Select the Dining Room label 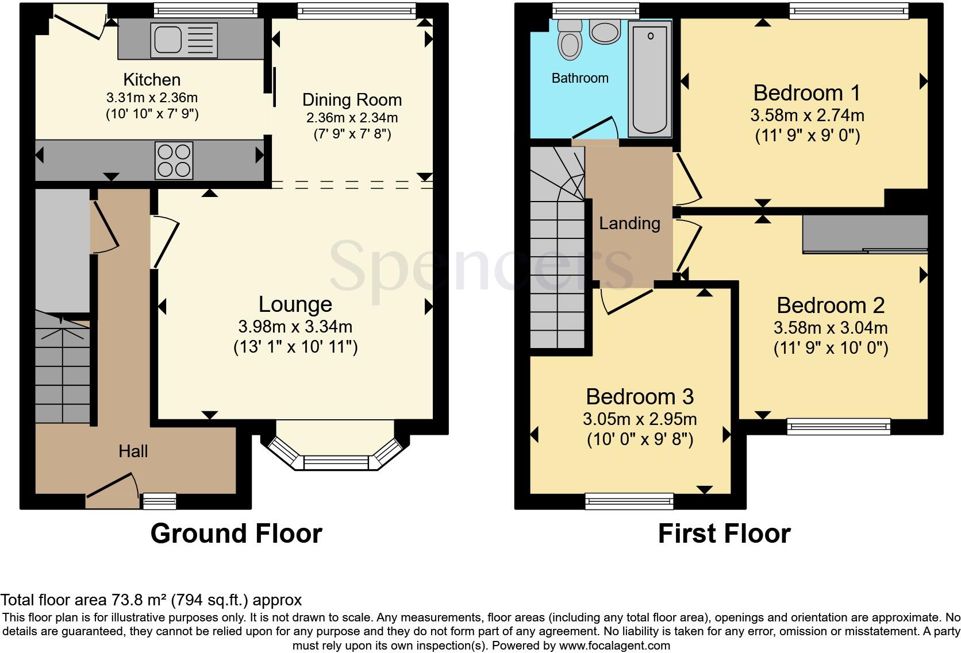[352, 100]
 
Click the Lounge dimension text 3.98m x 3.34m [295, 327]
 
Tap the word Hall [133, 451]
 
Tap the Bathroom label [580, 78]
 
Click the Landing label [629, 223]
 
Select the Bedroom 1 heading [807, 93]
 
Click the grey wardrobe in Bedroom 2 [865, 234]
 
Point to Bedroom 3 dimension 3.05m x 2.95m [640, 419]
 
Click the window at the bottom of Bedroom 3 [629, 501]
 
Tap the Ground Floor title [236, 534]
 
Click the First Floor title [724, 534]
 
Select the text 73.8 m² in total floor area [139, 601]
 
